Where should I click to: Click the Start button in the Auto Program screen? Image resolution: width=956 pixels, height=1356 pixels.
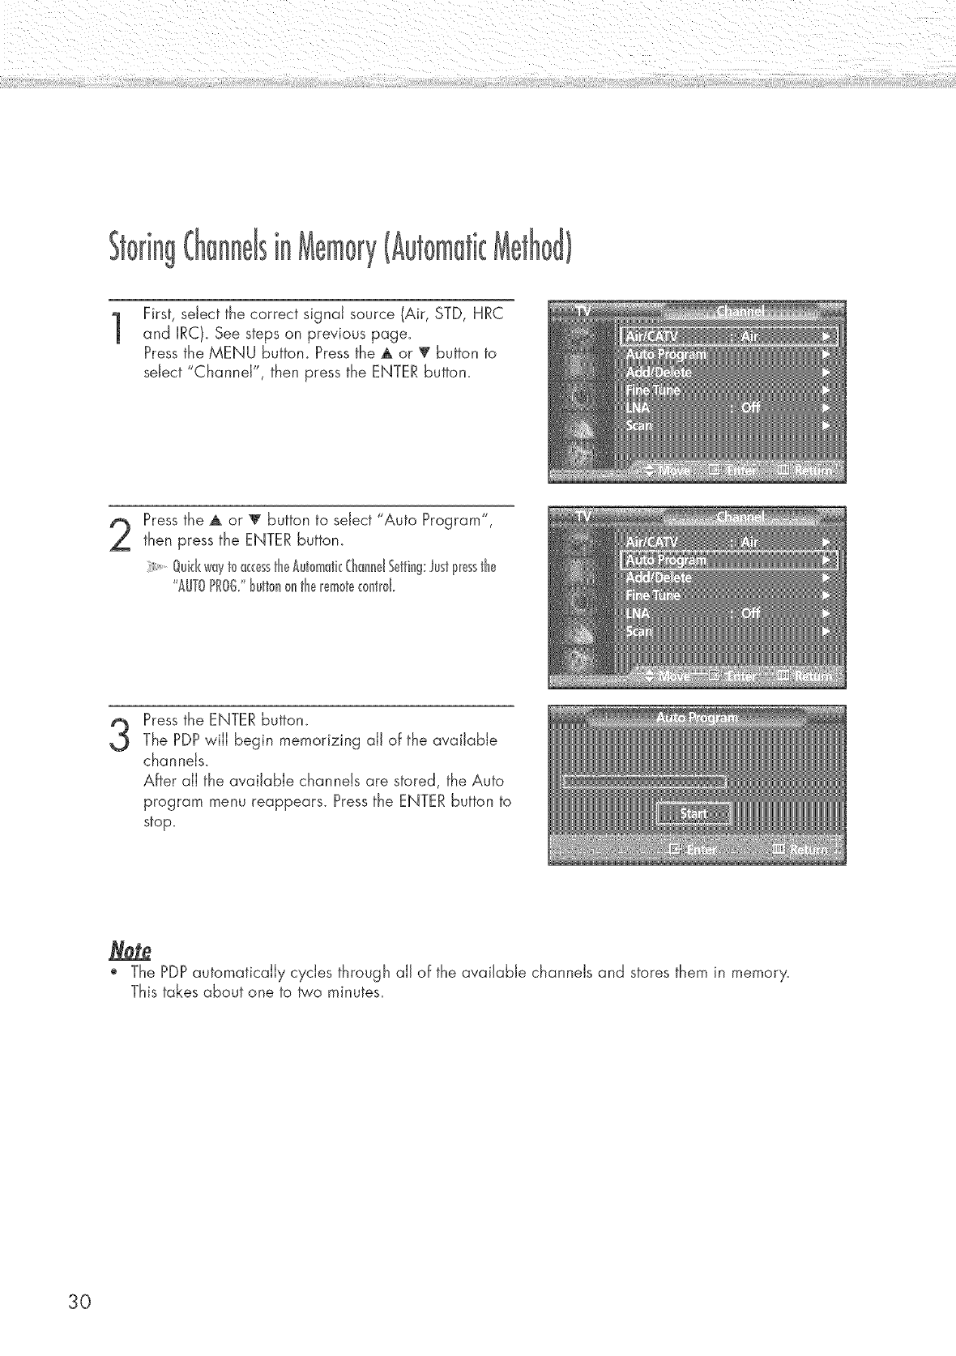coord(694,813)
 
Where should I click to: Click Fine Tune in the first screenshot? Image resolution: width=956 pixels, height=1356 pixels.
coord(651,390)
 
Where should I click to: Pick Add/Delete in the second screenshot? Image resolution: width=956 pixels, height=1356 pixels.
coord(659,578)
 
